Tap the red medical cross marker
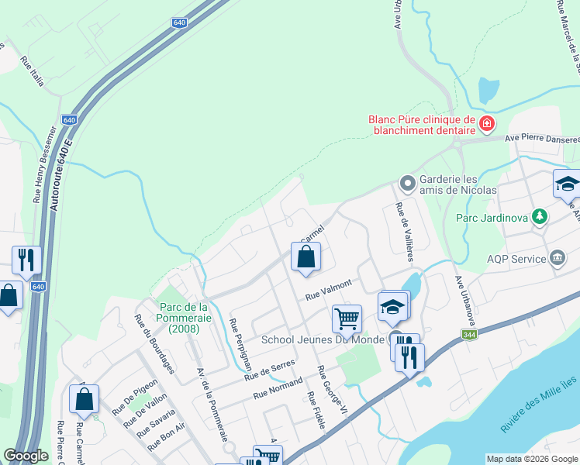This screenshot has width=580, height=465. (x=487, y=123)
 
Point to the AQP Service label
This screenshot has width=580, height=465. (x=517, y=260)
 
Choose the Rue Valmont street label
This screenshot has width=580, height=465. (x=329, y=289)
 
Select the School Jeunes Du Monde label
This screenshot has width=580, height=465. (x=323, y=339)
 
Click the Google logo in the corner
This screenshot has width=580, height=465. (x=26, y=456)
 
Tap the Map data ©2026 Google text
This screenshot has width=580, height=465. (x=531, y=459)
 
